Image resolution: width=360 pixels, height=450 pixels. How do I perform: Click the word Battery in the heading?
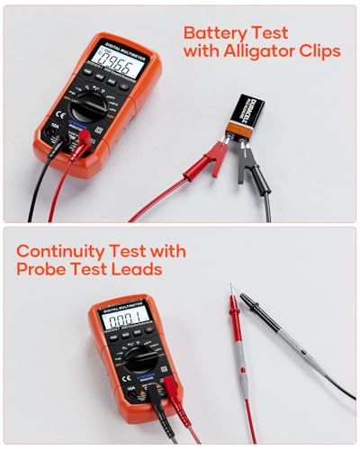(218, 32)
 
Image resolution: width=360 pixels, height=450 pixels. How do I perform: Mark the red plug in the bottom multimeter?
(168, 388)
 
